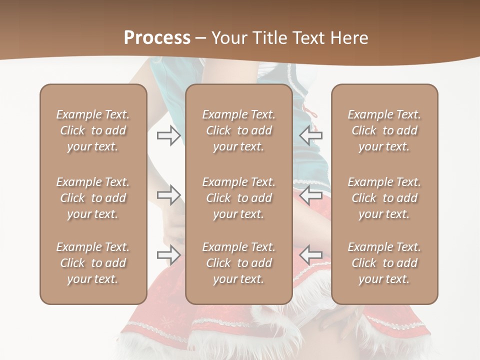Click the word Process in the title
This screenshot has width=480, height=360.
point(157,37)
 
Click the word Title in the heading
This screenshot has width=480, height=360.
point(267,37)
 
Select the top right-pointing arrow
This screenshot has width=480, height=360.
point(169,135)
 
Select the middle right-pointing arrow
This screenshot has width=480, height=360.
point(169,195)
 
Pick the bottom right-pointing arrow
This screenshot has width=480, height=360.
point(169,254)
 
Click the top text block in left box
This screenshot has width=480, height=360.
point(93,130)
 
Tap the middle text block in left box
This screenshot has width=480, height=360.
point(93,198)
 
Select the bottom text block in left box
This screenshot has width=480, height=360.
point(93,263)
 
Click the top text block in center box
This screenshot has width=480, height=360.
point(238,130)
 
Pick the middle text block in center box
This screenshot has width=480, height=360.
point(238,198)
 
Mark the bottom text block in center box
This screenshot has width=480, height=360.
point(238,263)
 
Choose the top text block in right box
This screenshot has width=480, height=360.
point(384,130)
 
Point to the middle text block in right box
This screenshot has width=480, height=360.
point(384,198)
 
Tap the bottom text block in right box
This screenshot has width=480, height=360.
point(384,263)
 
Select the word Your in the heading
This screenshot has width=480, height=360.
point(229,37)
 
